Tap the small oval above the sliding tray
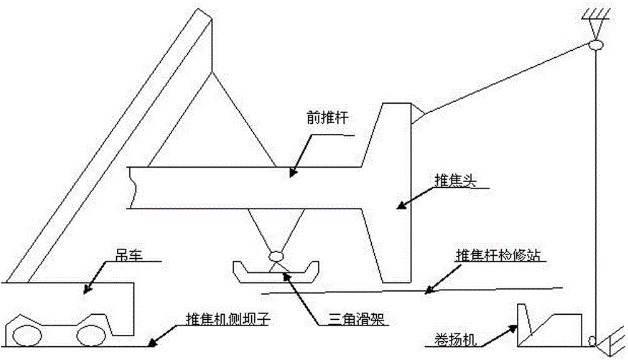tap(275, 256)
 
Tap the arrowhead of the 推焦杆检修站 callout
tap(427, 290)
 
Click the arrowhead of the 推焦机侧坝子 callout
tap(149, 344)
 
